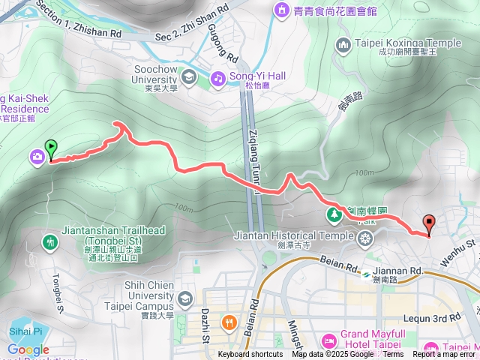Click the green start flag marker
tap(51, 148)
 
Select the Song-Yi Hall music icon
tap(217, 76)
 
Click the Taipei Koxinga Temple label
tap(407, 43)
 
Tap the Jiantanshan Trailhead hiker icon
tap(49, 241)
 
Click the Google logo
tap(28, 349)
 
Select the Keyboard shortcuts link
tap(250, 355)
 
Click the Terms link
tap(393, 355)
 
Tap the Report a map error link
tap(445, 355)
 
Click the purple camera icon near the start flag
tap(36, 156)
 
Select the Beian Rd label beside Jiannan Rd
tap(329, 265)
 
